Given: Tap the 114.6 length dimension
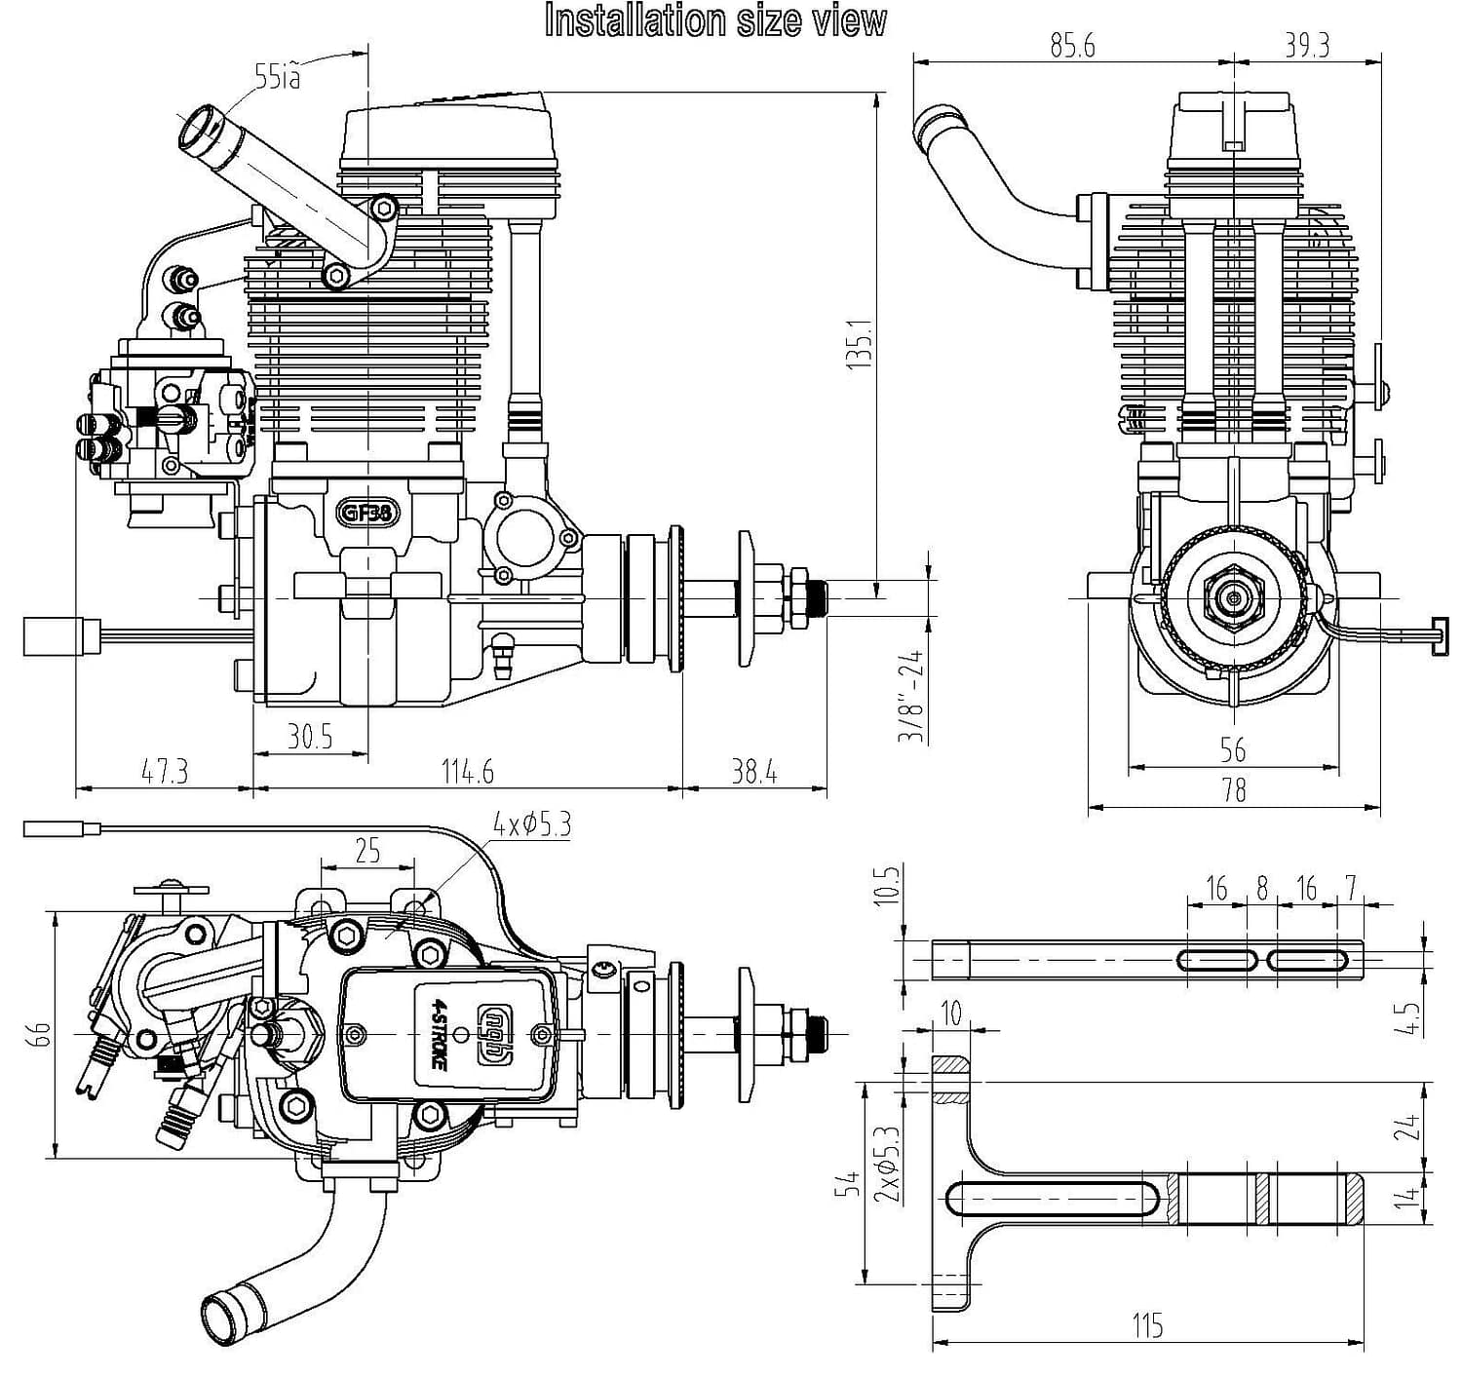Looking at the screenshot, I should (x=468, y=772).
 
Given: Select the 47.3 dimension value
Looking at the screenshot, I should (x=165, y=772).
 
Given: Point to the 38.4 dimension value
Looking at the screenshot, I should (x=754, y=772).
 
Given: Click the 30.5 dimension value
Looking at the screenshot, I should (x=310, y=737).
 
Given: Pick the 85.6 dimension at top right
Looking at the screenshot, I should (x=1072, y=46).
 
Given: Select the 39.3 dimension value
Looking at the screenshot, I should (x=1307, y=46).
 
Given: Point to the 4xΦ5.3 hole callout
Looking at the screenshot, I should (x=531, y=825).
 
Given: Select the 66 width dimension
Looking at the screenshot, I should (x=39, y=1034).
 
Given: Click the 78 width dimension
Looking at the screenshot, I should (x=1234, y=789).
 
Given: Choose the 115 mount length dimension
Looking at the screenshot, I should (x=1147, y=1325).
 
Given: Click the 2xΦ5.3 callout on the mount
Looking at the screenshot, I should (x=887, y=1165).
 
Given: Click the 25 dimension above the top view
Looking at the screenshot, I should (x=367, y=851).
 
